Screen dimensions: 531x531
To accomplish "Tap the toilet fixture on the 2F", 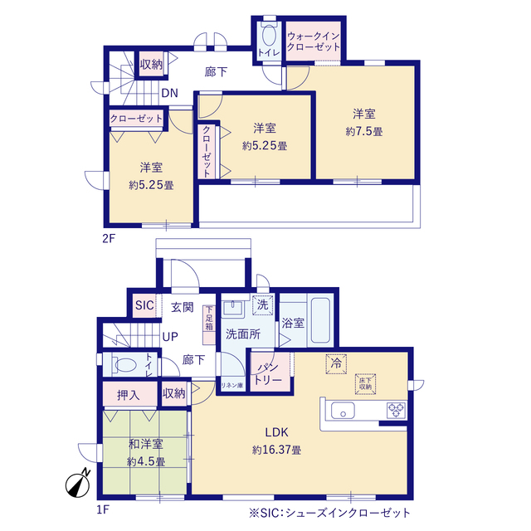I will click(268, 38).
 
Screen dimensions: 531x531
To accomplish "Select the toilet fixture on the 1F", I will click(125, 364).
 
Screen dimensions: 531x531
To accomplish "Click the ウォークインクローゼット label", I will click(314, 41).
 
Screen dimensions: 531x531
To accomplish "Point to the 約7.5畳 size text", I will click(364, 131).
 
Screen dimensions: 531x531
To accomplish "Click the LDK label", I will click(276, 432).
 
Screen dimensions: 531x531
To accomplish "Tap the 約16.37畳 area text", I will click(276, 450).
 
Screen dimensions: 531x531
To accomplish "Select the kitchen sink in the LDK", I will click(343, 410).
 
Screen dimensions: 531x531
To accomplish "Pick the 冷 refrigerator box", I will click(336, 364).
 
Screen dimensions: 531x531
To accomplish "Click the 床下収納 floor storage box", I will click(368, 382).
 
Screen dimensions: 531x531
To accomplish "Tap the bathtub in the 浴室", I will click(319, 320).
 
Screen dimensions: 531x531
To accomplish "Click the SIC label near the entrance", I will click(144, 306).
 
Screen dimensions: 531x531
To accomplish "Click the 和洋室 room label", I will click(146, 445).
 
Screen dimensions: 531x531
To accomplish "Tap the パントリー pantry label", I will click(272, 372).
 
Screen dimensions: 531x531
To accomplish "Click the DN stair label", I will click(168, 93).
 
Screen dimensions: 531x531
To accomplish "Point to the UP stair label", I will click(169, 337).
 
